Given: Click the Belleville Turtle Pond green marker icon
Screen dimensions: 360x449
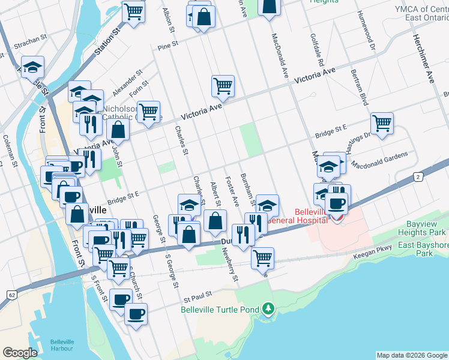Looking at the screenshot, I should (268, 310).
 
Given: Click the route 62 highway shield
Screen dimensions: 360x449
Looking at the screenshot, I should (11, 295).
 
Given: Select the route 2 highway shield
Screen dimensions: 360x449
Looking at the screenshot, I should (418, 175).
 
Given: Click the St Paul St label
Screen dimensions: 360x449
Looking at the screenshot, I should (199, 295).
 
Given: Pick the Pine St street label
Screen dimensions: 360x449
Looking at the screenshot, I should (168, 44).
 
